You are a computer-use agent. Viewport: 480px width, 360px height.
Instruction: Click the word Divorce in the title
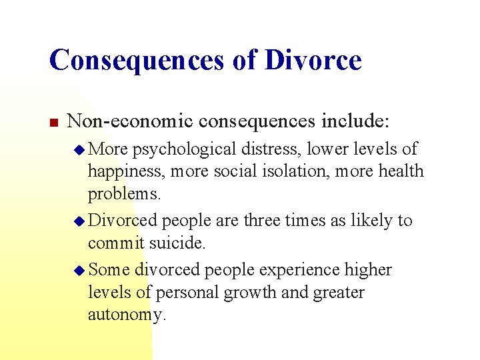tap(313, 60)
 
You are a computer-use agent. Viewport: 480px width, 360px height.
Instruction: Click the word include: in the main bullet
tap(362, 121)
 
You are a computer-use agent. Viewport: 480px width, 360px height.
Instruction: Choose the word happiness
tap(126, 172)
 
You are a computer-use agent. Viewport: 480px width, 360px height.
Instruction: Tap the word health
tap(401, 171)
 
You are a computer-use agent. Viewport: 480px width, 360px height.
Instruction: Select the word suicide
tap(178, 243)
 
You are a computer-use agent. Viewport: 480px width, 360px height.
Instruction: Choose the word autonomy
tap(126, 315)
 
